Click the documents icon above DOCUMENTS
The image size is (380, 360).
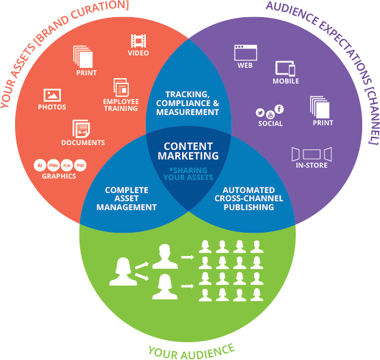coord(82,128)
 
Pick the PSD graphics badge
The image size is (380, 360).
coord(80,165)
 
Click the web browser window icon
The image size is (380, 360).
coord(244,53)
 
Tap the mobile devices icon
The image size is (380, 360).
coord(286,68)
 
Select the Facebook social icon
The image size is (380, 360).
coord(279,110)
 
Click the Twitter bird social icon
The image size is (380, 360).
coord(260,112)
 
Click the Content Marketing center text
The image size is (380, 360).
coord(189,151)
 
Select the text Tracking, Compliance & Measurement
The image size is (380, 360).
coord(188,103)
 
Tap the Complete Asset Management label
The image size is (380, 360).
coord(131,198)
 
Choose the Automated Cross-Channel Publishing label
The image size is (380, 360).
coord(249,198)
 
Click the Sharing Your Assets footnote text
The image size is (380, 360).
coord(188,174)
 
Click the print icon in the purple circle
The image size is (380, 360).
coord(320,107)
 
